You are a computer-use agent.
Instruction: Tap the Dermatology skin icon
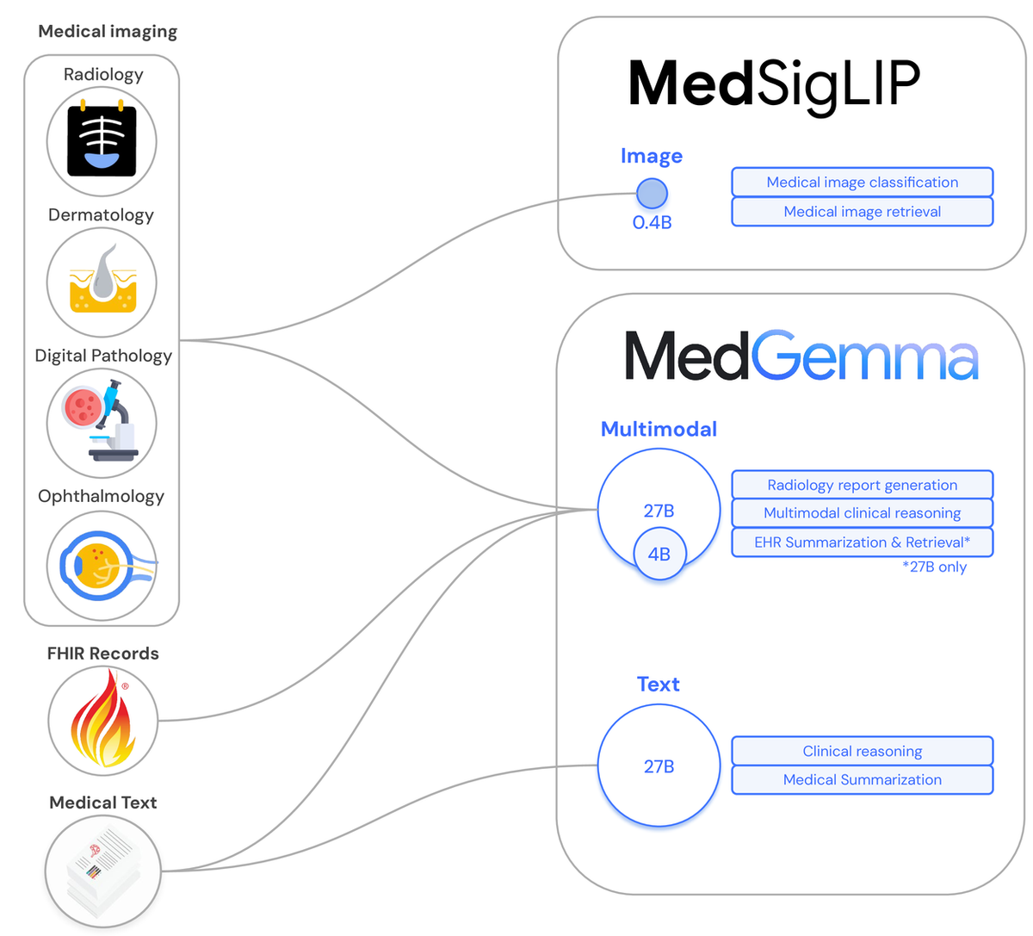102,282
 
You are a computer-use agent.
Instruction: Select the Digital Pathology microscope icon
102,423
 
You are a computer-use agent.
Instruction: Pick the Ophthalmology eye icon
102,566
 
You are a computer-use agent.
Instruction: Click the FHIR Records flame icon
103,721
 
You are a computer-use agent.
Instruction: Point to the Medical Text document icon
102,871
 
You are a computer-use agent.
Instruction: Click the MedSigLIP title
774,84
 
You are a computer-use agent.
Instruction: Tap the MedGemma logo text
801,356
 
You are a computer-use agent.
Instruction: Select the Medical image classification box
862,183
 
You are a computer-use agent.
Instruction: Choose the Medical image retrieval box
862,212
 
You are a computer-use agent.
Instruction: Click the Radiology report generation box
862,485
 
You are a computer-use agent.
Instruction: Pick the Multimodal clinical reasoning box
862,513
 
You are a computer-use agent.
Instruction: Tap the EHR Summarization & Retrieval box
862,542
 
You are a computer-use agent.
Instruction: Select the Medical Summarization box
862,780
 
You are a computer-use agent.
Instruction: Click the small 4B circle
659,555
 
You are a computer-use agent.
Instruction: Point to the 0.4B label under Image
652,223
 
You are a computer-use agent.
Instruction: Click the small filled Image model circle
652,194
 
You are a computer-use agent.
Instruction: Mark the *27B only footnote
934,567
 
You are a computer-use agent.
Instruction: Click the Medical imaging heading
108,32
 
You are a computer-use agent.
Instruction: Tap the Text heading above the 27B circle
659,685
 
